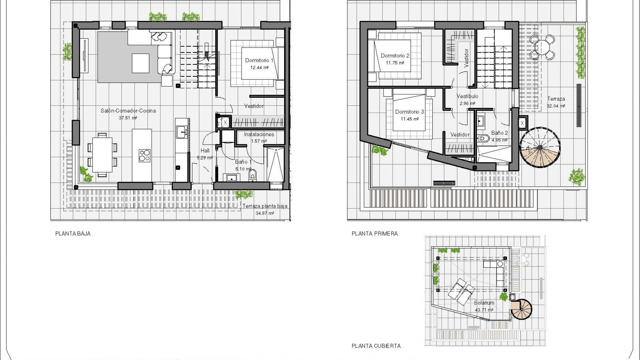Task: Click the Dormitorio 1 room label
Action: coord(259,60)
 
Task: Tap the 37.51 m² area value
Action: coord(128,118)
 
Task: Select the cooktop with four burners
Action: coord(145,156)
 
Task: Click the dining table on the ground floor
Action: coord(102,155)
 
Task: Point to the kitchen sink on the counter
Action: coord(182,132)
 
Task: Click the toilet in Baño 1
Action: coord(253,174)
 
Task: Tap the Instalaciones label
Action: coord(259,134)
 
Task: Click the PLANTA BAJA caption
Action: coord(73,234)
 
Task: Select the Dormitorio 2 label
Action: coord(395,56)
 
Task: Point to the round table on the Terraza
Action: coord(543,47)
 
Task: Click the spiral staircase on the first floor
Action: coord(540,147)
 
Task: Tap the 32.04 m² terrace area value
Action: coord(556,106)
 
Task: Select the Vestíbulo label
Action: coord(467,96)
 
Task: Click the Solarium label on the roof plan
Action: coord(484,303)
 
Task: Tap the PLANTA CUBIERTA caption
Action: coord(376,346)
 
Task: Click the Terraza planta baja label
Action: coord(265,206)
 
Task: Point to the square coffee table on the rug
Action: coord(140,63)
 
